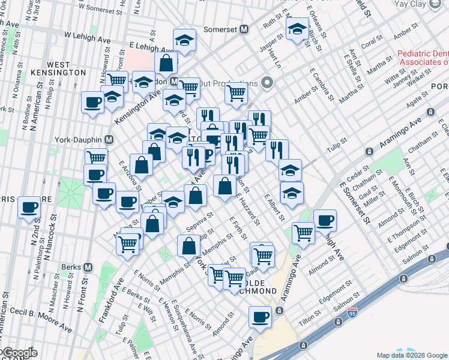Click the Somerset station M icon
pyautogui.click(x=244, y=29)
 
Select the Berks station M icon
pyautogui.click(x=88, y=267)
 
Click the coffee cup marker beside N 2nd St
pyautogui.click(x=29, y=208)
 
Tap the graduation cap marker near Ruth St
pyautogui.click(x=297, y=29)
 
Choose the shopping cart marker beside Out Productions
pyautogui.click(x=237, y=93)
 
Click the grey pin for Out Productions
pyautogui.click(x=268, y=83)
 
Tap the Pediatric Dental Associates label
pyautogui.click(x=423, y=58)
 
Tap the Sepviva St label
pyautogui.click(x=200, y=223)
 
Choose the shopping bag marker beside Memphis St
pyautogui.click(x=188, y=245)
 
